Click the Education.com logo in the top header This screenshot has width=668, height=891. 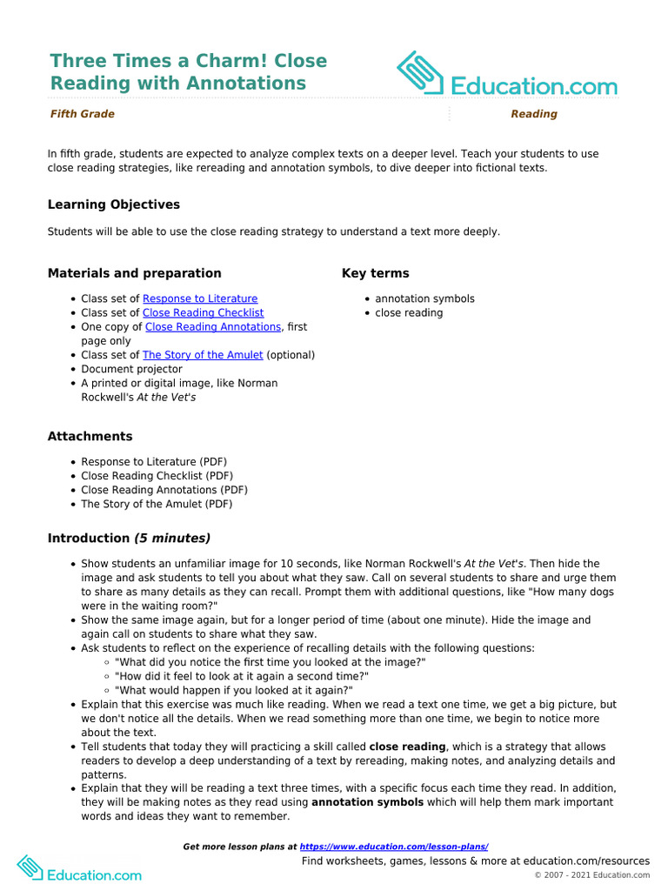[507, 75]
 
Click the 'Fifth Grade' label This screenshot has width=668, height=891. [82, 114]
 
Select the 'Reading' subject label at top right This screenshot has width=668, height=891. [533, 114]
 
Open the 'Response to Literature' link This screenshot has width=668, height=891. [200, 298]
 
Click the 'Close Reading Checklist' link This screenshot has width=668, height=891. [203, 312]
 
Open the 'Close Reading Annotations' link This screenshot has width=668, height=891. [213, 327]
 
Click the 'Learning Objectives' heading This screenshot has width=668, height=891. [114, 204]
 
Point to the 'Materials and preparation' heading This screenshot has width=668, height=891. [134, 273]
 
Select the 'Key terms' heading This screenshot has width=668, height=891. [375, 273]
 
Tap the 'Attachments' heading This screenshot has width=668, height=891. [90, 436]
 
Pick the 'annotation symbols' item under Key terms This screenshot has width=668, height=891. [424, 298]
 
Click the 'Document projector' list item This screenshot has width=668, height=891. [131, 369]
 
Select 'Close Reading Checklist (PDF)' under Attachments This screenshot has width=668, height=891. [157, 476]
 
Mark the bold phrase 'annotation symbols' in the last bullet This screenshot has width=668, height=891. [367, 802]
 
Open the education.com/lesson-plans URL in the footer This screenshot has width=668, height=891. [394, 847]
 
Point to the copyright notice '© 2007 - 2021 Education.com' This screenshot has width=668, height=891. [591, 875]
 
